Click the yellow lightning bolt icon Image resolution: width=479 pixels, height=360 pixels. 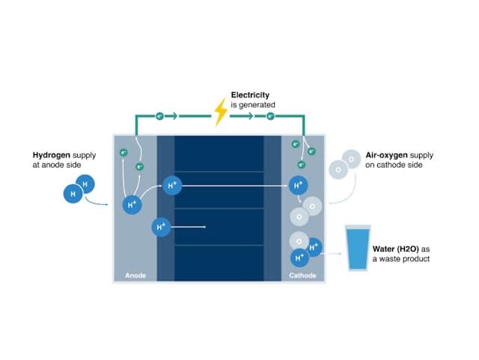click(x=221, y=112)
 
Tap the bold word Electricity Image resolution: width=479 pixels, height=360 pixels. click(x=251, y=95)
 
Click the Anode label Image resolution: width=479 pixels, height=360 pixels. click(x=135, y=275)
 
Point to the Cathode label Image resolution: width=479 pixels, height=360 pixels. click(x=302, y=275)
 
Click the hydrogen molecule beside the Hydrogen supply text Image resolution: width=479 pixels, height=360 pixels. click(x=79, y=189)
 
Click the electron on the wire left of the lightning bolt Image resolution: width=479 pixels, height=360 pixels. click(x=159, y=117)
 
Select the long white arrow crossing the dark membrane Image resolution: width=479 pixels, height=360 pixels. click(x=236, y=184)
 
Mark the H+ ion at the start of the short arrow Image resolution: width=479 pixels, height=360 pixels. click(x=161, y=226)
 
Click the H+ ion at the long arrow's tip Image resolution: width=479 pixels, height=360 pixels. click(x=299, y=184)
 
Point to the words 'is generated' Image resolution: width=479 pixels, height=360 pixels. click(x=253, y=106)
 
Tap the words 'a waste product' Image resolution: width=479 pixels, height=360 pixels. click(x=401, y=259)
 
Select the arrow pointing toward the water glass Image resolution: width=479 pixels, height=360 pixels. click(x=332, y=253)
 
